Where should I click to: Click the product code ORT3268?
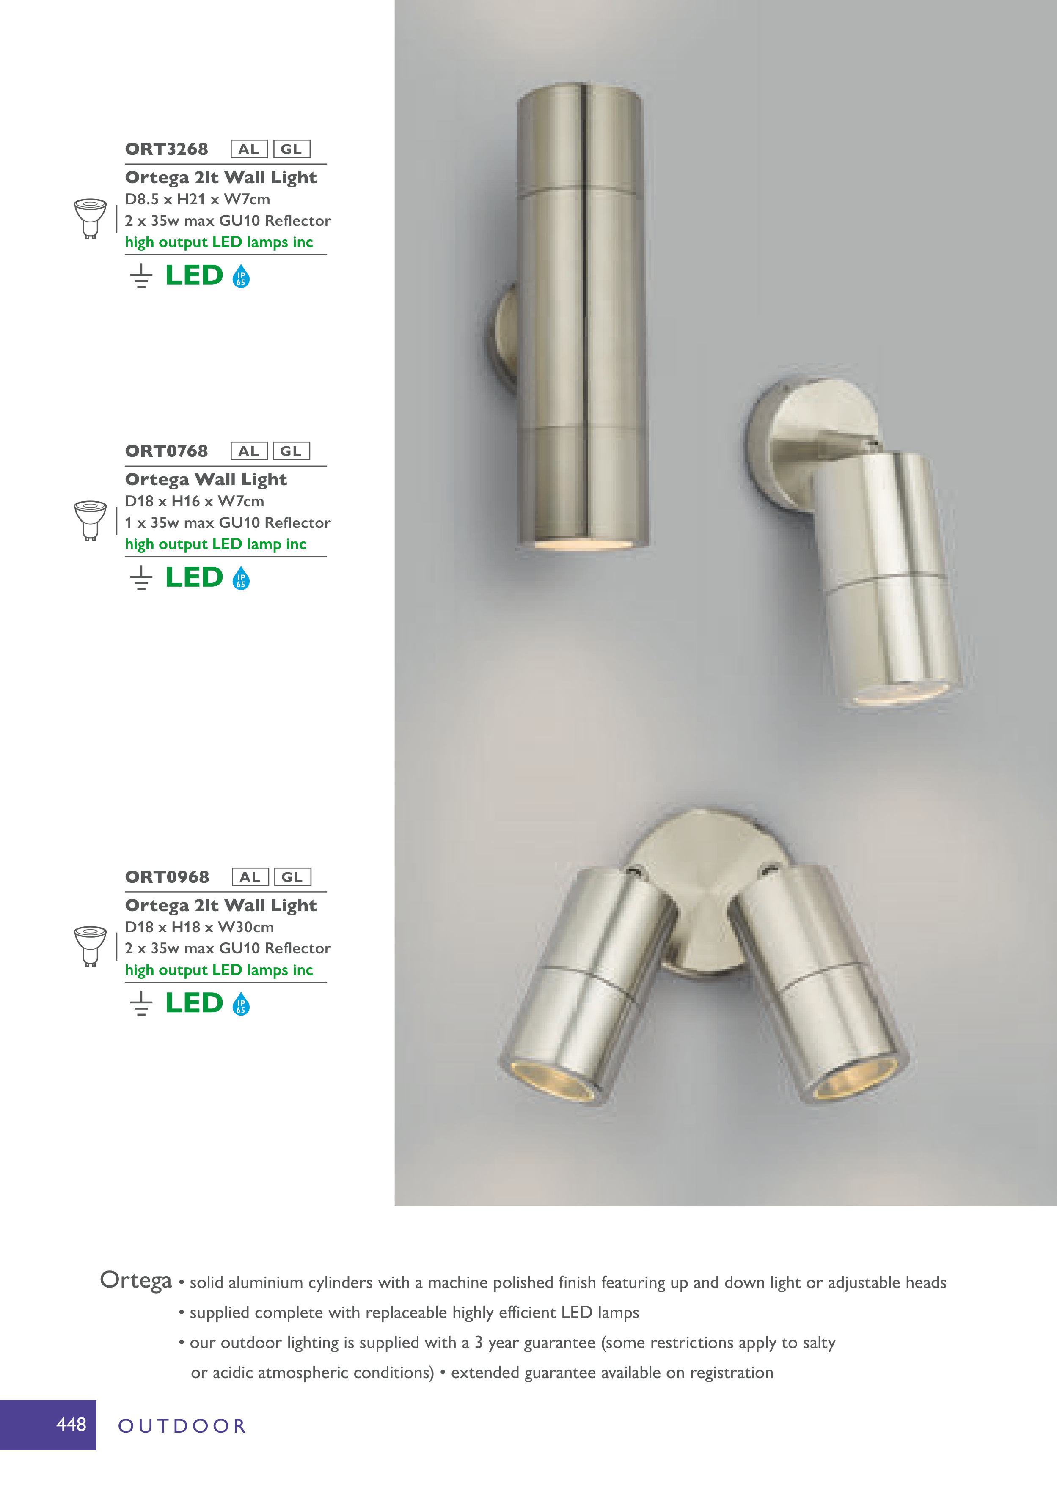[167, 149]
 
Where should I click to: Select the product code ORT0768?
[167, 451]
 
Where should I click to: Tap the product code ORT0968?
[167, 877]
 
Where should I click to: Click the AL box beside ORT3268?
[249, 149]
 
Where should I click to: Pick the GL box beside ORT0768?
[291, 451]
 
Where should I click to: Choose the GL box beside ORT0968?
[292, 877]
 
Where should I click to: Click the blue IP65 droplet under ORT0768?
[241, 578]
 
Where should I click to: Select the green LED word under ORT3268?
[194, 275]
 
